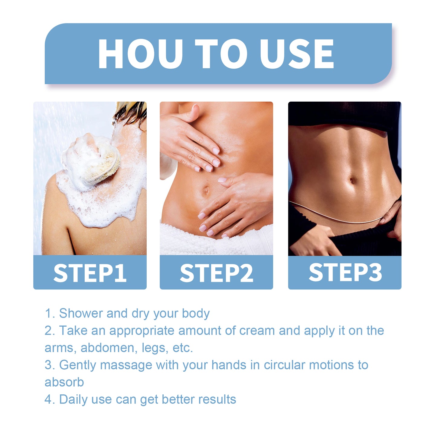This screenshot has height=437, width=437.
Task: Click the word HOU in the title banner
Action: (140, 54)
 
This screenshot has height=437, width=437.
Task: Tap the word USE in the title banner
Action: (297, 54)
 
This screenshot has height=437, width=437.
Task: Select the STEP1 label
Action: (90, 273)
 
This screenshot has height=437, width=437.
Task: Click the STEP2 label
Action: (216, 273)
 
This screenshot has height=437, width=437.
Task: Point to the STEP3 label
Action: (345, 272)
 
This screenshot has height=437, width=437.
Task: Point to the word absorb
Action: (64, 382)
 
